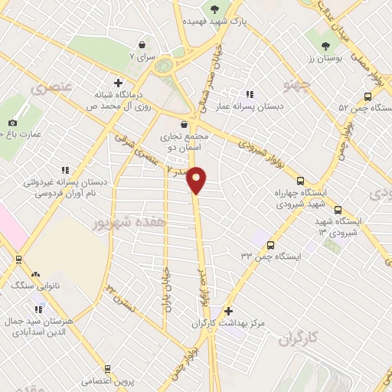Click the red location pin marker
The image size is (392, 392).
click(197, 181)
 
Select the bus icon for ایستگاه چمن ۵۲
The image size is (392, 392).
click(368, 96)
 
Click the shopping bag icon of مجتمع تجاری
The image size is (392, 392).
click(184, 124)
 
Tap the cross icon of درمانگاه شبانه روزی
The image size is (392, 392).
click(117, 83)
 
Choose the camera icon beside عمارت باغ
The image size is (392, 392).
click(12, 122)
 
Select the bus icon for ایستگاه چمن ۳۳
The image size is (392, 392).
click(270, 245)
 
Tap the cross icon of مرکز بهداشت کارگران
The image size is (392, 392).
click(229, 311)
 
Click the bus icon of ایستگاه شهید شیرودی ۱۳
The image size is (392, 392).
click(338, 210)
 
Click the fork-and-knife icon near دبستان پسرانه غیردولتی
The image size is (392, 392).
click(64, 170)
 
